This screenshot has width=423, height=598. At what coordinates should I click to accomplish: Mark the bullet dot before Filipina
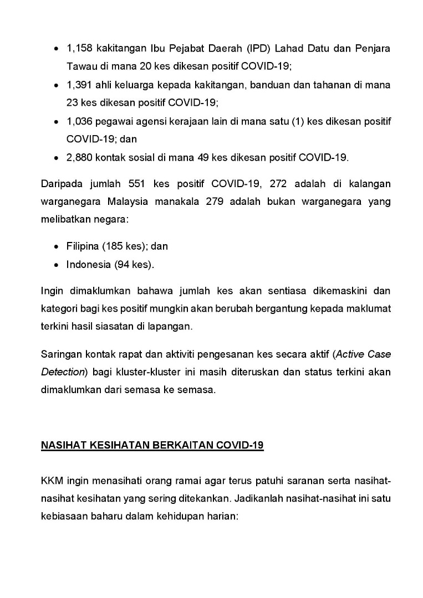point(57,247)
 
